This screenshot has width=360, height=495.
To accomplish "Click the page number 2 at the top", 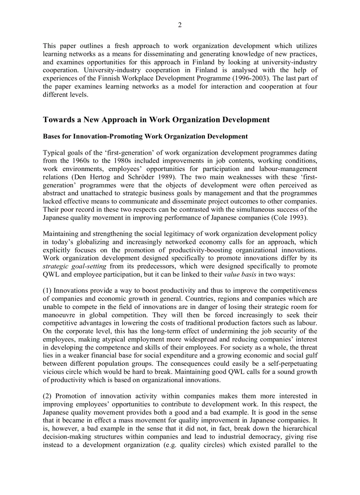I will (x=180, y=25).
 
